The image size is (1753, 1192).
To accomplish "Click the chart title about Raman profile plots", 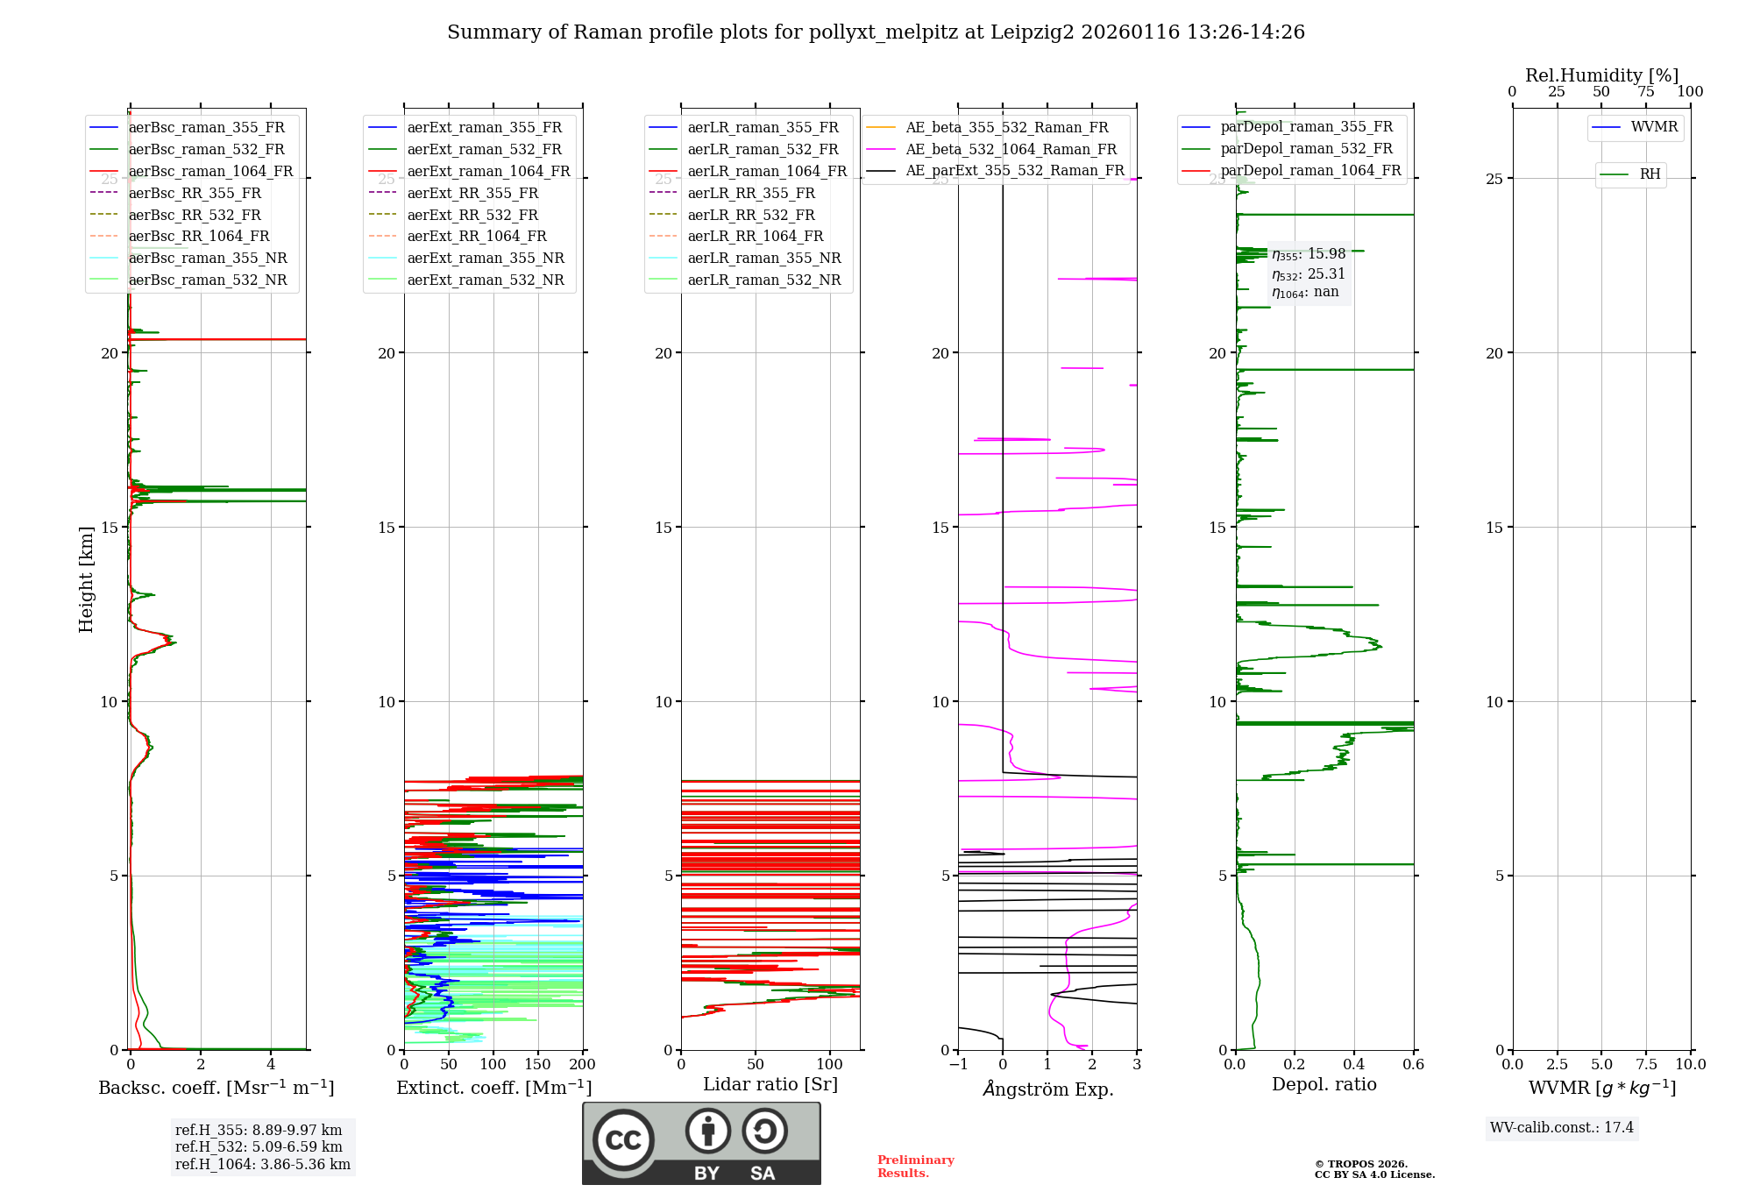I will (876, 32).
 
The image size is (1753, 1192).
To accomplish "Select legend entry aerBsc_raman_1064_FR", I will (210, 171).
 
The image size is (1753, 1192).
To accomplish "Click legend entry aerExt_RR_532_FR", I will (472, 215).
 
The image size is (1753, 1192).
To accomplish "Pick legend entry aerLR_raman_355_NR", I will (763, 258).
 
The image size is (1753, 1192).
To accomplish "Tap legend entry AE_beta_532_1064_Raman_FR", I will (1011, 149).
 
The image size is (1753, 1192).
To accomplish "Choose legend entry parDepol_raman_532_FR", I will (1306, 149).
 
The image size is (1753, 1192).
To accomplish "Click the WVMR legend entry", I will (1654, 127).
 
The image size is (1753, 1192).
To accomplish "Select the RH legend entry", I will (1650, 174).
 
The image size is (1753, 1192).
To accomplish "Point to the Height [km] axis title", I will (86, 578).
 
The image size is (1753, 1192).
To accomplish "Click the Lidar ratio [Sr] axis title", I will (770, 1084).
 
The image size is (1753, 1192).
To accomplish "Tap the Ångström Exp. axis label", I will (1047, 1089).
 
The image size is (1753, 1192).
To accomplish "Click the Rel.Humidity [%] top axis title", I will (1601, 75).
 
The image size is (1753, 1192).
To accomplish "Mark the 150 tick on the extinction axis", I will (537, 1064).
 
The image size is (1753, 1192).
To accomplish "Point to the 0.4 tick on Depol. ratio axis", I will (1354, 1064).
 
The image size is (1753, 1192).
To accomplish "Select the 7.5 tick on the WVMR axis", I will (1646, 1064).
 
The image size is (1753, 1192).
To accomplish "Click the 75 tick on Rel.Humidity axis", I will (1646, 92).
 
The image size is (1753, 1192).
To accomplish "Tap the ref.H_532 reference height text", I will (259, 1146).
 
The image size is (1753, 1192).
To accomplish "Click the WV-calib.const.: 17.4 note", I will (1562, 1127).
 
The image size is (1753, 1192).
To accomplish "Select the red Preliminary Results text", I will (915, 1166).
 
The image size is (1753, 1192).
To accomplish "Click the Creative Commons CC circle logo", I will (623, 1139).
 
